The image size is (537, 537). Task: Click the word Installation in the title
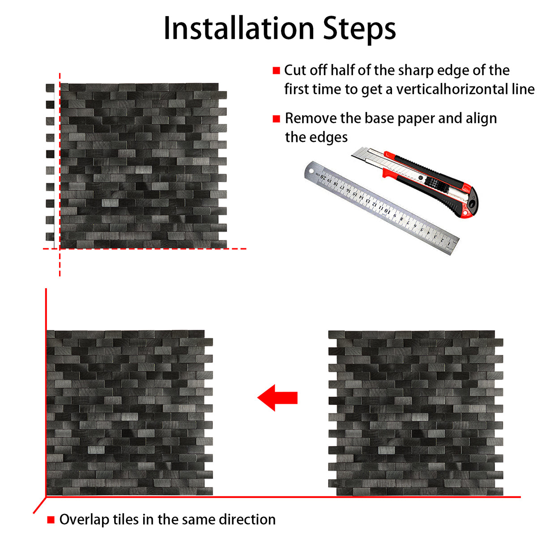point(239,29)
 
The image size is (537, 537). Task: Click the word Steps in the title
point(359,30)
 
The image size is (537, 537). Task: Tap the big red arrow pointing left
point(277,398)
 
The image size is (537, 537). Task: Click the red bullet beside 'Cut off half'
point(276,71)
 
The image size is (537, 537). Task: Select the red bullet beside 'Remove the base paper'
point(276,119)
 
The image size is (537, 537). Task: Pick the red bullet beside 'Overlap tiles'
point(51,520)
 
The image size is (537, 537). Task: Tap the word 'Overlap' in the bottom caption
point(85,520)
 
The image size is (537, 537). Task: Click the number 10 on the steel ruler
point(387,211)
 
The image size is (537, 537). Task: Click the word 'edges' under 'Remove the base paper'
point(331,138)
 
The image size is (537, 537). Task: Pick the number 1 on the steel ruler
point(449,243)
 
